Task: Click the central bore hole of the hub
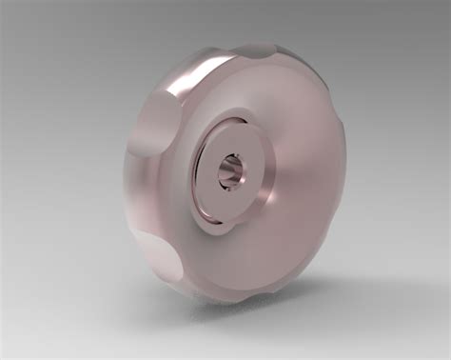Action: [x=231, y=172]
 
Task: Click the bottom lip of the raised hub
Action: [x=221, y=225]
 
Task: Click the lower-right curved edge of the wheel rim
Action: [x=319, y=252]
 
